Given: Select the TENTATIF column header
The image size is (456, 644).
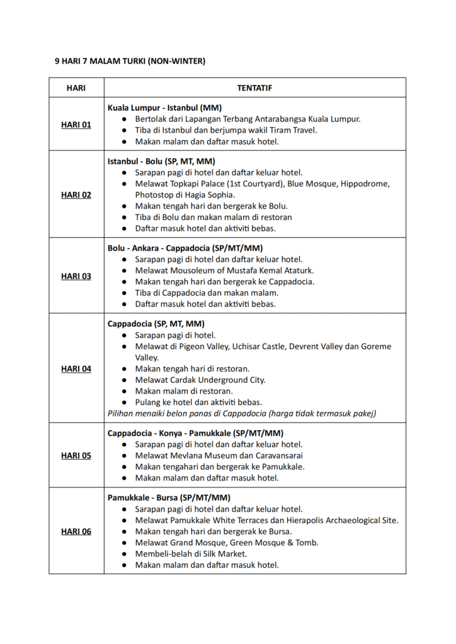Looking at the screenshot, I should click(254, 87).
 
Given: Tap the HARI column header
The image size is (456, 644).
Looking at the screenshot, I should click(76, 87).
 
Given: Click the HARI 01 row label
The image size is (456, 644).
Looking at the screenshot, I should click(76, 125).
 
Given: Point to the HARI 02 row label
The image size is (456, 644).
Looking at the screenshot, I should click(76, 194).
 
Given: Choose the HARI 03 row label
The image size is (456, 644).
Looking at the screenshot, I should click(76, 275).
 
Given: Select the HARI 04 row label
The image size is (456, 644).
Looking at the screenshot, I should click(76, 369).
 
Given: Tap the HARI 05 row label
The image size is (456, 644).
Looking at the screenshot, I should click(76, 455).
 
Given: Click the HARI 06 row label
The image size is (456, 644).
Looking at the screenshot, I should click(76, 531).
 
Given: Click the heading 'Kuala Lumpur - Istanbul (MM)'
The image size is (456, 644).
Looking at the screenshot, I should click(164, 108).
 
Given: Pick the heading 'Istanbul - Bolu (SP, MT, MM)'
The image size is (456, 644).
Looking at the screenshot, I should click(161, 161).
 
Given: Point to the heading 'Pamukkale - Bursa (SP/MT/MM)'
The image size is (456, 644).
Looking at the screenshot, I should click(169, 497).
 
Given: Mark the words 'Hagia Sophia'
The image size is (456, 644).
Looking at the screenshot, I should click(200, 195).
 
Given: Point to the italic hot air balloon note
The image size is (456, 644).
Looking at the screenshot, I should click(242, 413).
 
